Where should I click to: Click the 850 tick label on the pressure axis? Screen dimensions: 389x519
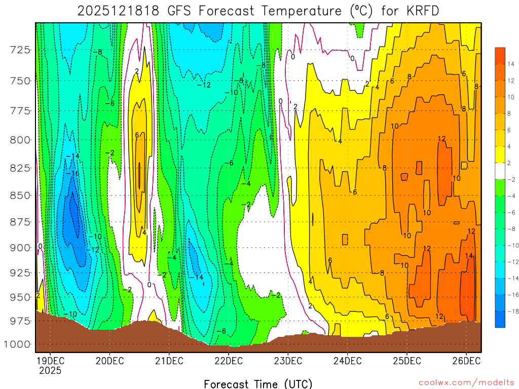point(20,195)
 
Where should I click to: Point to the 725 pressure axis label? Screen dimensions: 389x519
point(20,50)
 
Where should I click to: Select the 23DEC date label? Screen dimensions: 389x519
point(287,361)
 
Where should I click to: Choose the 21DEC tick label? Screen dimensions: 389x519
point(168,361)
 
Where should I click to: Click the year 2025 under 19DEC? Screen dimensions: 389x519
point(50,370)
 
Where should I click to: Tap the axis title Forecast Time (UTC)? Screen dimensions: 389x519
point(258,383)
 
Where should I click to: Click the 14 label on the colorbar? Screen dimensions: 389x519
point(510,64)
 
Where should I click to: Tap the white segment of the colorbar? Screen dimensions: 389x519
point(500,171)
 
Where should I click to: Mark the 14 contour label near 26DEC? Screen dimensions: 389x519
point(469,256)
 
